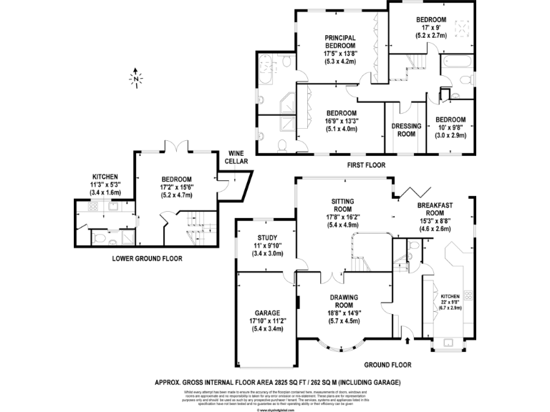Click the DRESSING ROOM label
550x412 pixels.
(405, 129)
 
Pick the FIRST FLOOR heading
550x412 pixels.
(366, 165)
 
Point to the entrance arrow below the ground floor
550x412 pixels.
(406, 330)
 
